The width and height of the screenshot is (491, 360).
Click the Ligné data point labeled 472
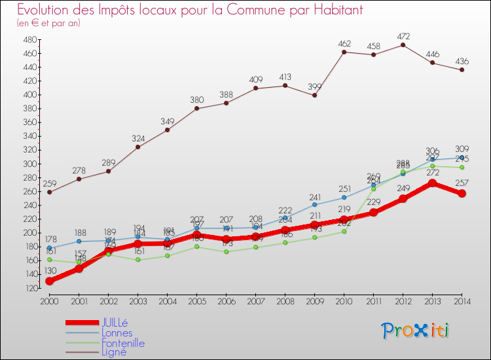(403, 45)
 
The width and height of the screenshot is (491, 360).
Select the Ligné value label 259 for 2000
(49, 184)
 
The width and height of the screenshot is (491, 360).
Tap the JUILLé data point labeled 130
(49, 281)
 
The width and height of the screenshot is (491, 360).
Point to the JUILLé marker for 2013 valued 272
(432, 183)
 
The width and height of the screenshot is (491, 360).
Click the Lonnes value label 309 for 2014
(462, 149)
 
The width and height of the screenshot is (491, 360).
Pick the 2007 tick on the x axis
(255, 300)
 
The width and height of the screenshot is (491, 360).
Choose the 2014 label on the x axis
(462, 300)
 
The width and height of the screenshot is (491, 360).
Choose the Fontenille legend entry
(122, 342)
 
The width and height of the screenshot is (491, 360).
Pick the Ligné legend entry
(114, 351)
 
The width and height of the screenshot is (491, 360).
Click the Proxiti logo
(416, 331)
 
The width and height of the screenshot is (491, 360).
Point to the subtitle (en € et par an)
(48, 23)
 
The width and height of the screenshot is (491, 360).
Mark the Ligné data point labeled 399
(315, 95)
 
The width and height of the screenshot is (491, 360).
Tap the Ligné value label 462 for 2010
(344, 44)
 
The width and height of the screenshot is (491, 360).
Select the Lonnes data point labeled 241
(315, 204)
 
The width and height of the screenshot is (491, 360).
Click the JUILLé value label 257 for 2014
(462, 180)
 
